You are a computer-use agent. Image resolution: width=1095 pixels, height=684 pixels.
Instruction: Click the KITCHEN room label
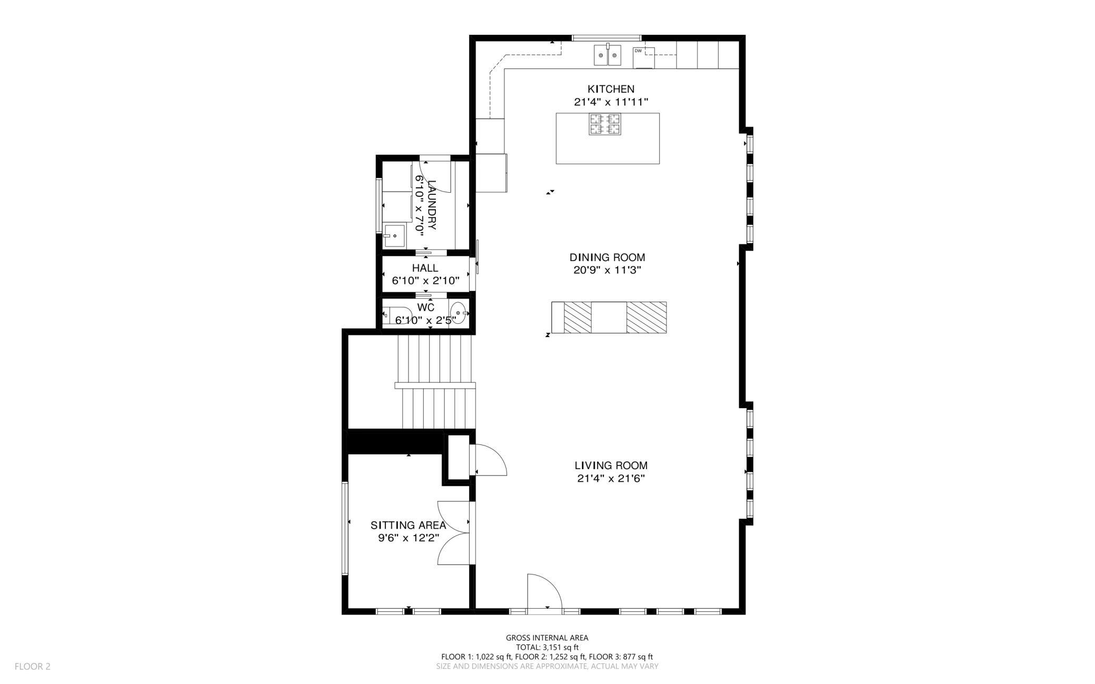(611, 89)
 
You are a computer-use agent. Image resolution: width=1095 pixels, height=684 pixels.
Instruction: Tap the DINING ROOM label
(607, 257)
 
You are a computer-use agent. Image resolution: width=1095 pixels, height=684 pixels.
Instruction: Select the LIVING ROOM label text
(611, 465)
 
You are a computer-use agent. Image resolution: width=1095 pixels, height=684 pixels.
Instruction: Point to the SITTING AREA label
(408, 525)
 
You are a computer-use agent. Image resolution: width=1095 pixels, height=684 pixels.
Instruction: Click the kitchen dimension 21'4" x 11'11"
(611, 102)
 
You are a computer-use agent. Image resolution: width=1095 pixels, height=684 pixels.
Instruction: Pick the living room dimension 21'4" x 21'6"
(611, 479)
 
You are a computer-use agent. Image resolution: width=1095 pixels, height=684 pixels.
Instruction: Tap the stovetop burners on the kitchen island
(604, 124)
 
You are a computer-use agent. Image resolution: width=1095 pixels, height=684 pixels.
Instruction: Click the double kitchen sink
(608, 55)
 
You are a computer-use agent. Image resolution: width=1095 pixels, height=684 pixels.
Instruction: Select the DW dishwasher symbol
(643, 57)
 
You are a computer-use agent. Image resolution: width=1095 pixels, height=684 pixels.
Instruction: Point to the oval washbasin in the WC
(459, 313)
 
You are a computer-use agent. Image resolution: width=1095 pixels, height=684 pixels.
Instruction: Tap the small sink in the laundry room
(393, 236)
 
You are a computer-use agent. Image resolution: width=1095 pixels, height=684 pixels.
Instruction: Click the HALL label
(425, 268)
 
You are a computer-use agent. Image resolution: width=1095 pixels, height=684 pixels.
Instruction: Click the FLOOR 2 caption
(33, 666)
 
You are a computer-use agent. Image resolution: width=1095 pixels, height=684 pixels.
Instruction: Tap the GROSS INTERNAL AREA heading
(547, 638)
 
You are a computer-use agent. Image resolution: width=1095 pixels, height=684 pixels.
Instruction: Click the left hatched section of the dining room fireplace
(578, 318)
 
